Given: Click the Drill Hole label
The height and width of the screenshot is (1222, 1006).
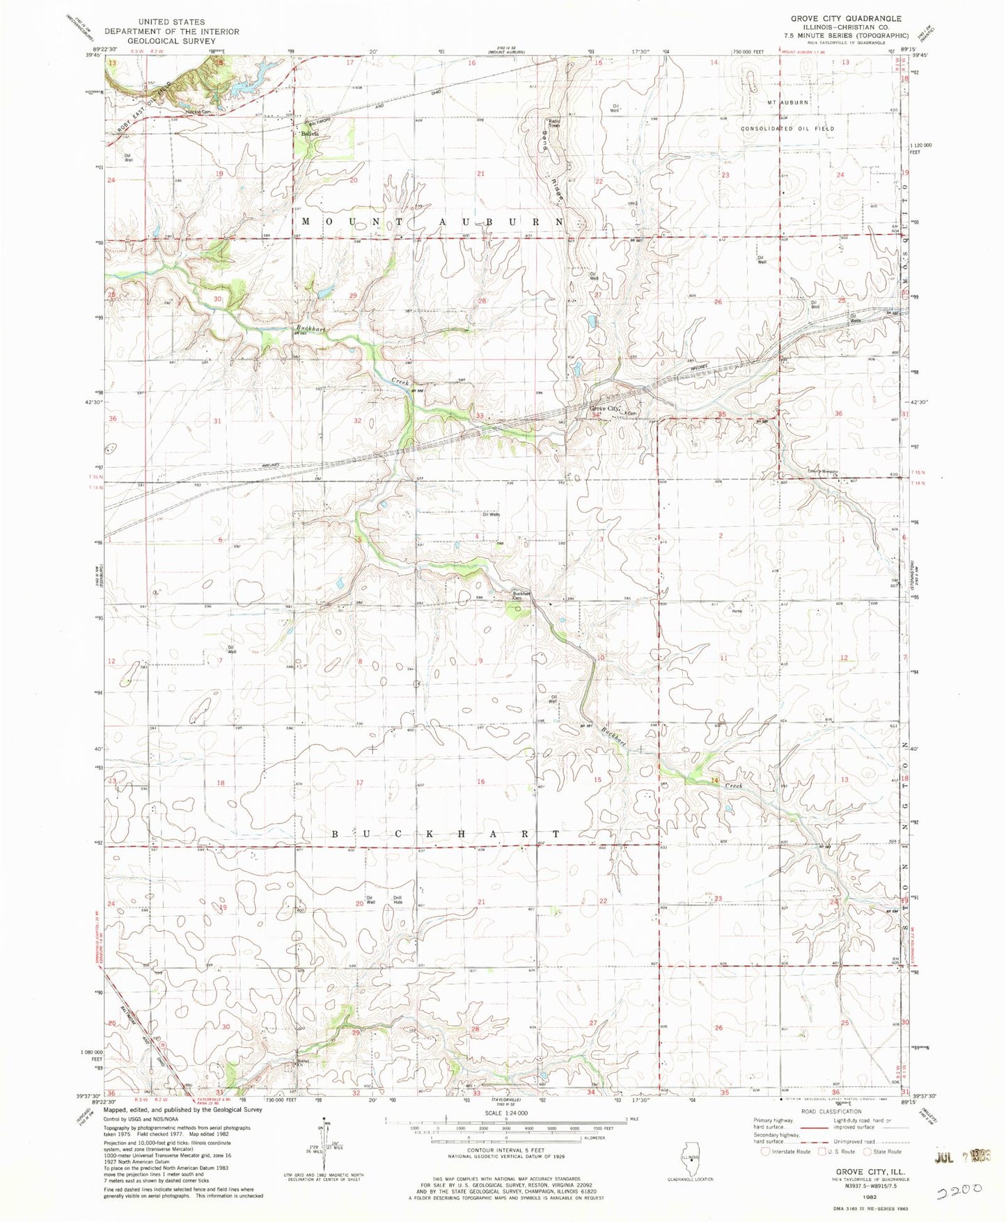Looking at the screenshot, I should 398,900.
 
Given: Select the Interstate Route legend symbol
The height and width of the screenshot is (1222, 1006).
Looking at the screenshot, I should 766,1152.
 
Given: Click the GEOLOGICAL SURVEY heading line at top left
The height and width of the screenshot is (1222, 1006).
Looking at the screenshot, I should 171,41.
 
